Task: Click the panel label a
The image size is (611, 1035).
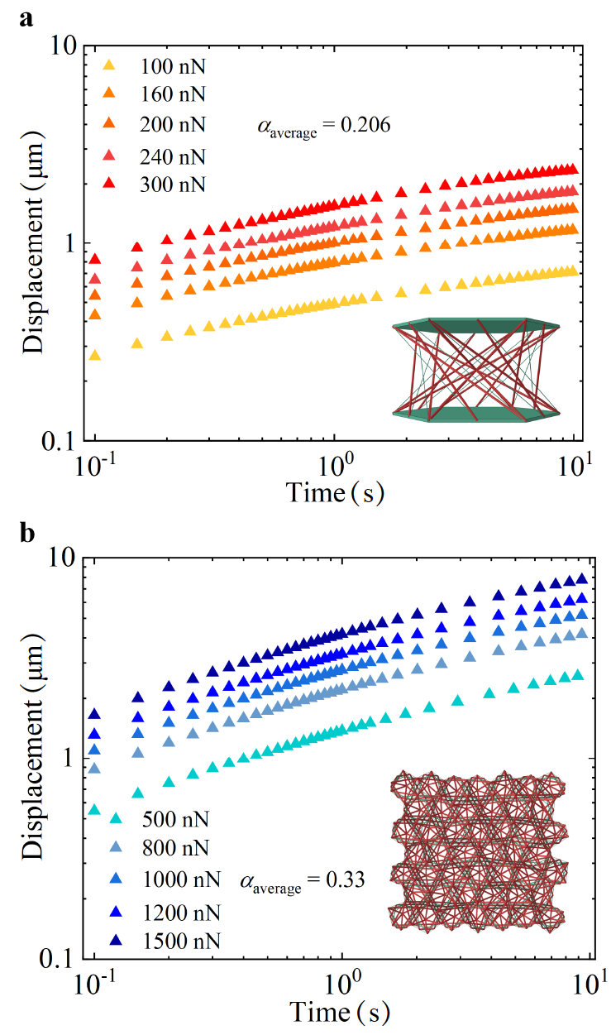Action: pos(26,17)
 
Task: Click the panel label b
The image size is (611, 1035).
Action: pos(27,533)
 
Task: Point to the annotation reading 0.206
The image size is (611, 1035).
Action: pos(325,127)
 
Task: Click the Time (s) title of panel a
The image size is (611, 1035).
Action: pos(335,493)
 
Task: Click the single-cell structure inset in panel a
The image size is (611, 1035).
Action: pos(477,367)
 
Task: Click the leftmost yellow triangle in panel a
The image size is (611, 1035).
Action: pos(94,355)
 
